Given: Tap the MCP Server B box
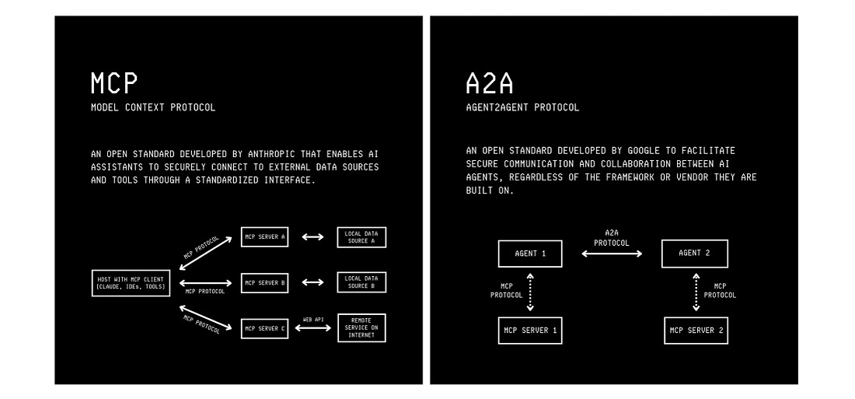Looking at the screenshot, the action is pos(264,283).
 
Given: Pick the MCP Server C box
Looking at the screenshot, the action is pos(264,328).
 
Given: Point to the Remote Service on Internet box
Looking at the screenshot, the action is pos(361,328).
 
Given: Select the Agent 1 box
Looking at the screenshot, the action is pos(530,254).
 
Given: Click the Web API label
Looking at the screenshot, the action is pos(312,319).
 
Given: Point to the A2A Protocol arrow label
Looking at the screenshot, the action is pos(612,237).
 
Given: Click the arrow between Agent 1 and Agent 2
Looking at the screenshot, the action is pos(612,254).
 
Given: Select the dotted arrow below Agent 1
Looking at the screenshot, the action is pos(530,292).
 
